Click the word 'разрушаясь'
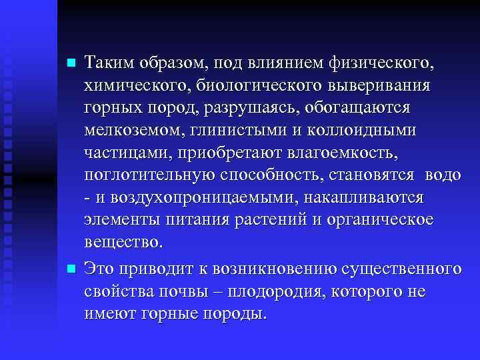click(263, 108)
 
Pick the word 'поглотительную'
click(151, 175)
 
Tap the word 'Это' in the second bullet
click(100, 269)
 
